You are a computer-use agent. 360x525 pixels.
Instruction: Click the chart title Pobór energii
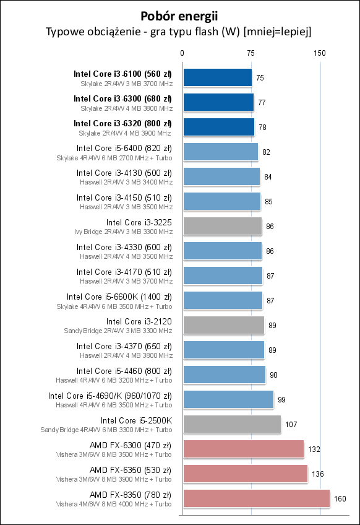179,15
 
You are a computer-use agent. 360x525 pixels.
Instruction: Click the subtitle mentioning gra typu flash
179,32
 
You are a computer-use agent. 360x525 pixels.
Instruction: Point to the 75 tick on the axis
251,53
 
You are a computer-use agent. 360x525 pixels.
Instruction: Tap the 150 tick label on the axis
320,53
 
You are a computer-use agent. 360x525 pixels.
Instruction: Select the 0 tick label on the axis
182,53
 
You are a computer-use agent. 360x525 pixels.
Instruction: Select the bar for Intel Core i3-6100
217,77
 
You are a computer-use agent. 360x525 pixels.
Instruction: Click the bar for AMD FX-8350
256,498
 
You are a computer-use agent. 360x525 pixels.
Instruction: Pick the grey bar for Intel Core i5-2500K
232,424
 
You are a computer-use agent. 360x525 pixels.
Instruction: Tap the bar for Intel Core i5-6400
220,152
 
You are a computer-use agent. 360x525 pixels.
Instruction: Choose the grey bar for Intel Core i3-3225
222,226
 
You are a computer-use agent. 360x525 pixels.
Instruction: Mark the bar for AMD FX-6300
243,449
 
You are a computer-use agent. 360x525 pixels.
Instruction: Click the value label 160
340,498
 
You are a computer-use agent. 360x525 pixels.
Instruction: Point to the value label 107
291,424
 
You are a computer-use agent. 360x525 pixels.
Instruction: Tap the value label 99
282,399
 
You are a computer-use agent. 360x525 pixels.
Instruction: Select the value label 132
314,449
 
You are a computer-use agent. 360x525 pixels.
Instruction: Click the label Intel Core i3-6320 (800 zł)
122,123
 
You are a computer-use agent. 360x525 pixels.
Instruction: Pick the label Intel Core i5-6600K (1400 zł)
119,297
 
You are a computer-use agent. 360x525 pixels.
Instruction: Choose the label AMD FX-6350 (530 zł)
131,470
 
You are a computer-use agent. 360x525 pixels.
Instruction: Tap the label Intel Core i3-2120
139,321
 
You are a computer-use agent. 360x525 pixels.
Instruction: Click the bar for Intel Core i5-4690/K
228,399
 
